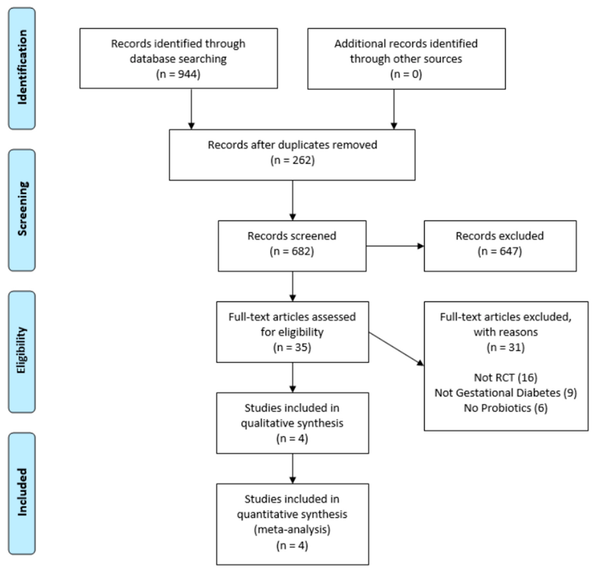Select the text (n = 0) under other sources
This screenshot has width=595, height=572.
click(406, 74)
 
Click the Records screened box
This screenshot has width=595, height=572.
click(292, 246)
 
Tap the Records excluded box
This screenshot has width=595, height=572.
click(500, 246)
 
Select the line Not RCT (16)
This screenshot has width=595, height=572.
click(506, 377)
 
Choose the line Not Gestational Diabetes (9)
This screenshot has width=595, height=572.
click(506, 393)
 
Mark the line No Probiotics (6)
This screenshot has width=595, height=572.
click(506, 408)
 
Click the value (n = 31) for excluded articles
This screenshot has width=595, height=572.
click(506, 347)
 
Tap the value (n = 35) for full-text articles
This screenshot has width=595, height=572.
click(292, 347)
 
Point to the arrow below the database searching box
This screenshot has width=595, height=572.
click(191, 109)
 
